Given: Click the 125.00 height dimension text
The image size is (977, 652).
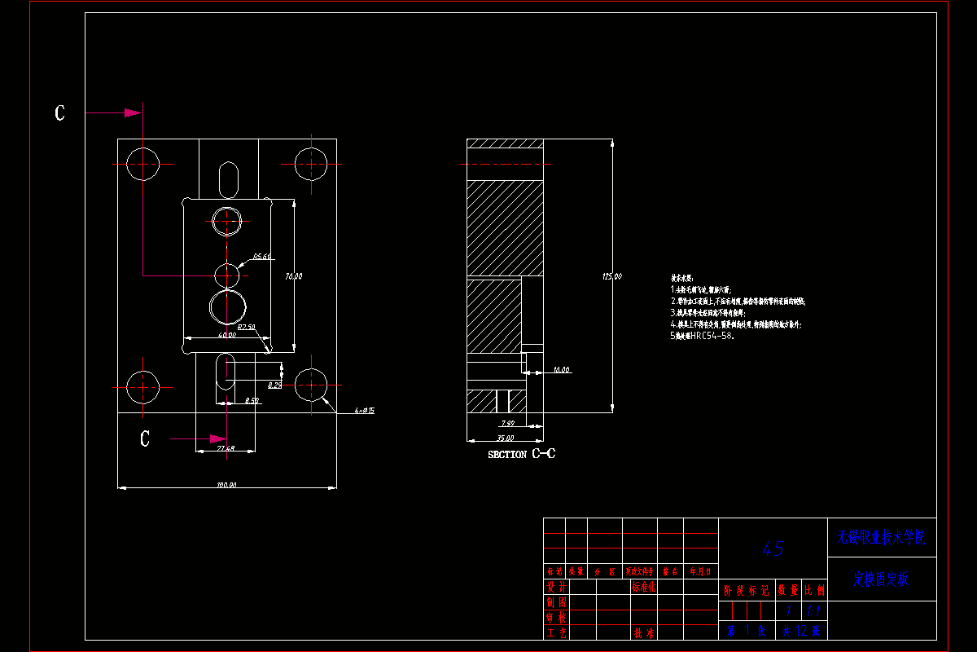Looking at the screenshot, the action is pos(612,276).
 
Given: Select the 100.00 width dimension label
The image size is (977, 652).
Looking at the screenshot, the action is pos(226,486).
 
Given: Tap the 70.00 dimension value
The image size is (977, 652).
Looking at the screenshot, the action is pos(293,276).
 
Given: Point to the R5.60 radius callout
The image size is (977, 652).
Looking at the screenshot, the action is pos(261,257).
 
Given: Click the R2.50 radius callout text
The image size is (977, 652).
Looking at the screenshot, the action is pos(246,327).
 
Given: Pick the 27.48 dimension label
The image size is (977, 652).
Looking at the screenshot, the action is pos(226,448).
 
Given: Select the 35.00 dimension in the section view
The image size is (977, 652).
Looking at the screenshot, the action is pos(494,438).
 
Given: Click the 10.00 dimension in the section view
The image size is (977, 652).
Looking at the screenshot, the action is pos(561,370).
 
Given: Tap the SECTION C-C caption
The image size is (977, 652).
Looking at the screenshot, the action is pos(521,454).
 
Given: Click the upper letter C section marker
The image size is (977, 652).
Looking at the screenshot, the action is pos(59,113).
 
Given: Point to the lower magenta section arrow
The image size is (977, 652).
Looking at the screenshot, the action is pos(195,438).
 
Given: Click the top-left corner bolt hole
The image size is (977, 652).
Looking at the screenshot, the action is pos(143,164).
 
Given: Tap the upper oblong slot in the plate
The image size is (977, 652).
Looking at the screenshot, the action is pos(229,178).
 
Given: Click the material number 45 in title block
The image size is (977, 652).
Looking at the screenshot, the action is pos(773,548).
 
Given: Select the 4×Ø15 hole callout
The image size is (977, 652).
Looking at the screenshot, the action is pos(364,411).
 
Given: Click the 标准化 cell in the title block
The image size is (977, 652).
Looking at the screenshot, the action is pos(643,587).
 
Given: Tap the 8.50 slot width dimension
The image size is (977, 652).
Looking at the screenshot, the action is pos(252,401).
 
